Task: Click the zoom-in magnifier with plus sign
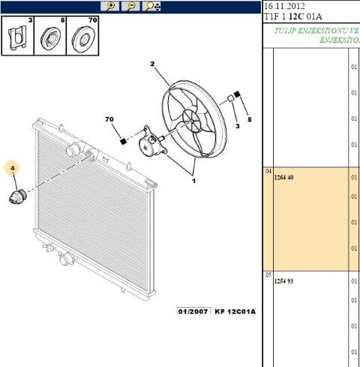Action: pos(110,6)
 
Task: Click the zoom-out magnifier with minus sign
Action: pos(130,6)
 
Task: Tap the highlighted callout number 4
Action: pos(13,168)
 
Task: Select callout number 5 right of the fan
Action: pos(250,120)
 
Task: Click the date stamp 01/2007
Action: pos(193,311)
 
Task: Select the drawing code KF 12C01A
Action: pos(235,311)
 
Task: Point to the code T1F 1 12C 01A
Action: pos(292,17)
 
